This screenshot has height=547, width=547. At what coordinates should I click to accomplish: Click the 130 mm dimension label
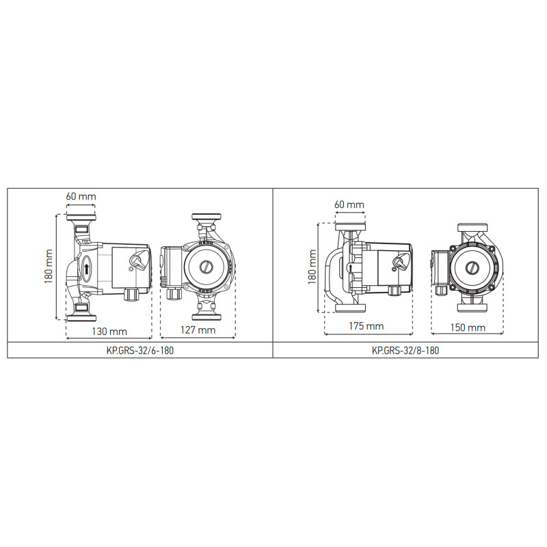pyautogui.click(x=109, y=331)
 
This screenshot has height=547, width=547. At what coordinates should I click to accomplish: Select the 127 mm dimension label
pyautogui.click(x=198, y=330)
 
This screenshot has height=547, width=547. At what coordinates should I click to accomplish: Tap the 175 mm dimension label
pyautogui.click(x=366, y=326)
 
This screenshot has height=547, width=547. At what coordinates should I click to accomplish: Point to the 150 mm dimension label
pyautogui.click(x=468, y=328)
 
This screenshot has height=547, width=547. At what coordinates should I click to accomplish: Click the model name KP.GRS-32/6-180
pyautogui.click(x=140, y=350)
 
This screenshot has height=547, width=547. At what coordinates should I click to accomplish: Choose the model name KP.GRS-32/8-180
pyautogui.click(x=405, y=350)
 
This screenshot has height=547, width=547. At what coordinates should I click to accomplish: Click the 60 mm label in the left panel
pyautogui.click(x=81, y=196)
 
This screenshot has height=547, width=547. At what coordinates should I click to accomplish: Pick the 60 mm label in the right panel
pyautogui.click(x=349, y=204)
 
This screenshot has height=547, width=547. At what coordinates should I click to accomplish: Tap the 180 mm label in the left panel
pyautogui.click(x=49, y=267)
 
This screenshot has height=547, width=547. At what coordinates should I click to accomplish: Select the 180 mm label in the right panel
pyautogui.click(x=312, y=267)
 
